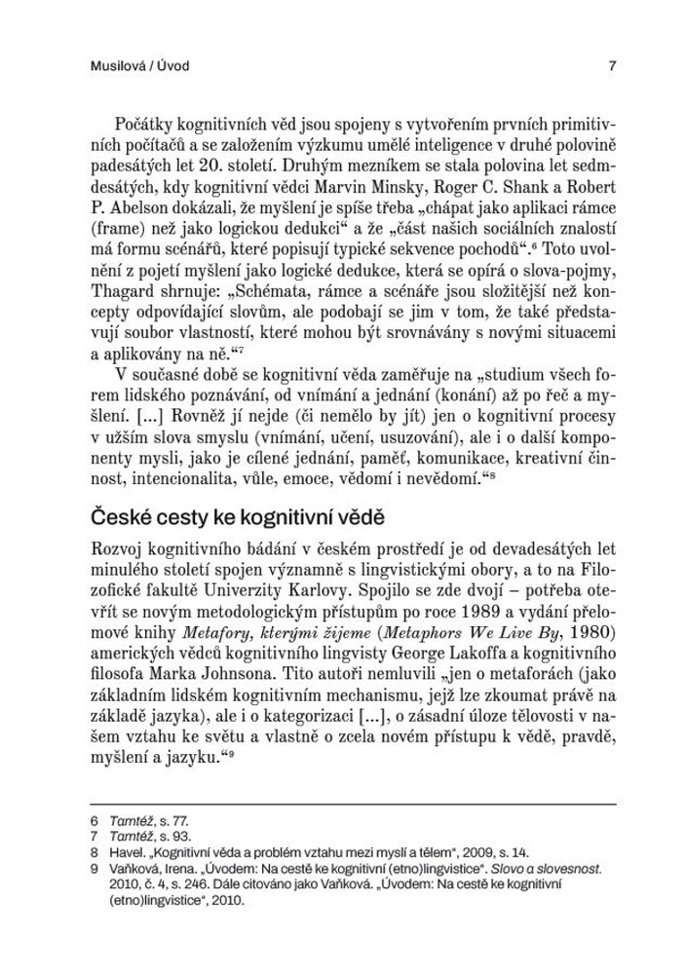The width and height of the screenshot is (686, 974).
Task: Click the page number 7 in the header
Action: pos(611,66)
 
